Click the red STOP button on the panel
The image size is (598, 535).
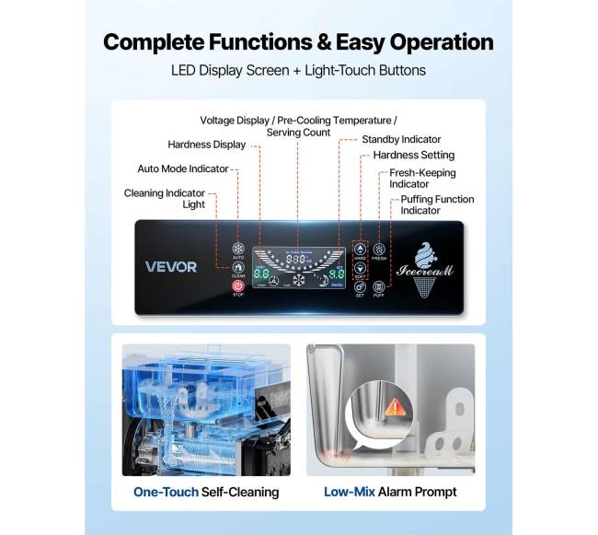click(x=237, y=286)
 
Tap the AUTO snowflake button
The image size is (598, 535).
click(x=237, y=248)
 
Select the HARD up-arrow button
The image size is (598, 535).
click(x=360, y=249)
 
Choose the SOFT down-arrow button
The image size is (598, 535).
click(x=360, y=270)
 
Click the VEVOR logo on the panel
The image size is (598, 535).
click(x=171, y=267)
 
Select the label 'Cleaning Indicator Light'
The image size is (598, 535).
click(x=167, y=198)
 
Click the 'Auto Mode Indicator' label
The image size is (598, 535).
click(x=182, y=169)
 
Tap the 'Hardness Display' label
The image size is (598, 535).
click(x=206, y=144)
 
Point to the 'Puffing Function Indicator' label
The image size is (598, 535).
click(x=437, y=204)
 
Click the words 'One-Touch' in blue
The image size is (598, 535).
click(x=166, y=492)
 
